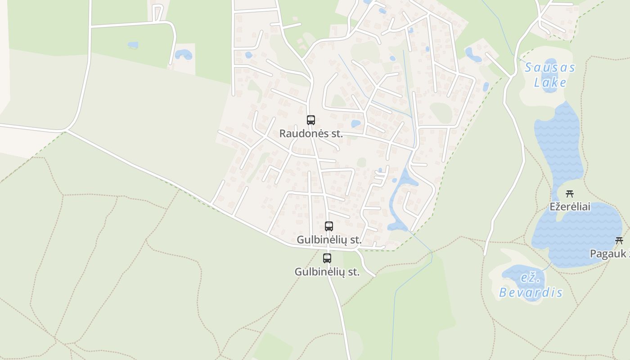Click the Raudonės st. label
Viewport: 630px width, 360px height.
click(x=311, y=134)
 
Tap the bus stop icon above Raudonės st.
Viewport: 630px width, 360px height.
click(x=311, y=120)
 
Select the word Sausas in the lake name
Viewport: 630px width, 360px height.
click(x=550, y=68)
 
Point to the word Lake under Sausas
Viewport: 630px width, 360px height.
click(x=550, y=83)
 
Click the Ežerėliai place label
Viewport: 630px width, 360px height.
click(x=570, y=207)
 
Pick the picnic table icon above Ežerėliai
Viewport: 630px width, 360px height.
click(x=570, y=194)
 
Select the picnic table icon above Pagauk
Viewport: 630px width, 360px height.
click(x=619, y=241)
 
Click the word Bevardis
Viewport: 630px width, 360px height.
click(x=531, y=292)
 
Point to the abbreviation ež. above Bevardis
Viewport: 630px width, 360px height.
click(x=530, y=278)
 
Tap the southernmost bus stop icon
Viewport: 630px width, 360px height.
click(x=327, y=258)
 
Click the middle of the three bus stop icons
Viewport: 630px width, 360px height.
click(x=329, y=226)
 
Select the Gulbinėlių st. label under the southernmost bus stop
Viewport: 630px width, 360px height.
click(x=327, y=272)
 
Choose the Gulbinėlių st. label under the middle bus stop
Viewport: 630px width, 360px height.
click(x=329, y=240)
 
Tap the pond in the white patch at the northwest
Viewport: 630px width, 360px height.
click(x=184, y=54)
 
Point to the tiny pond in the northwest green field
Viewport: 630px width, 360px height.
click(x=133, y=45)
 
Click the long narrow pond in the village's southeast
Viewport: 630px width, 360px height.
click(x=398, y=198)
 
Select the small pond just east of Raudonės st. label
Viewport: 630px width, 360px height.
click(x=356, y=123)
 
